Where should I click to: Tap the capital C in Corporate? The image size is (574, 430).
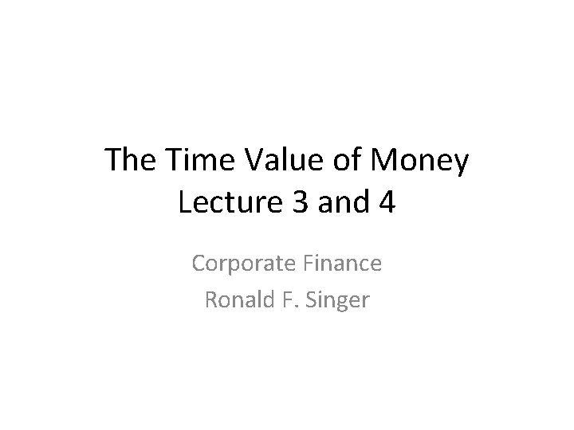point(199,263)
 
